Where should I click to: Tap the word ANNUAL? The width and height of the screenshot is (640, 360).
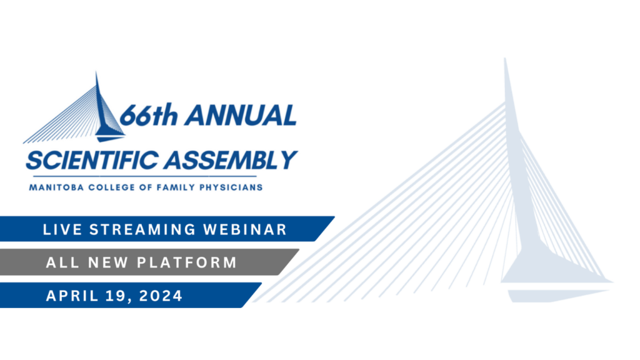pyautogui.click(x=241, y=115)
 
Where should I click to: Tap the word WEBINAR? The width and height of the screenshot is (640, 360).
pyautogui.click(x=245, y=229)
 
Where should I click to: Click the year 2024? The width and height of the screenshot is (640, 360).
pyautogui.click(x=161, y=296)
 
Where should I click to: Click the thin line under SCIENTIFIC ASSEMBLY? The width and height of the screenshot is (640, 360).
pyautogui.click(x=144, y=176)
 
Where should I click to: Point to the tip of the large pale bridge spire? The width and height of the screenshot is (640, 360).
pyautogui.click(x=505, y=58)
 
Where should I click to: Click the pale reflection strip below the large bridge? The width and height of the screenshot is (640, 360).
pyautogui.click(x=557, y=296)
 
